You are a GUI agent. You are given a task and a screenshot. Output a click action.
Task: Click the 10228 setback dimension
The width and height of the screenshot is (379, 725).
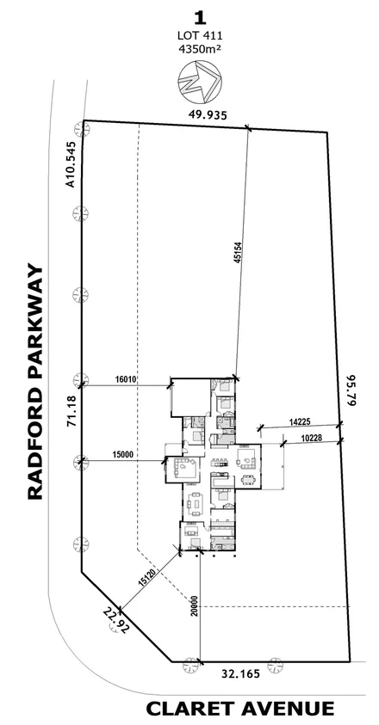point(311,438)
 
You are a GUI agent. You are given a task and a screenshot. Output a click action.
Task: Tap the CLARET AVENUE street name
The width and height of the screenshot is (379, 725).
point(239,709)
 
